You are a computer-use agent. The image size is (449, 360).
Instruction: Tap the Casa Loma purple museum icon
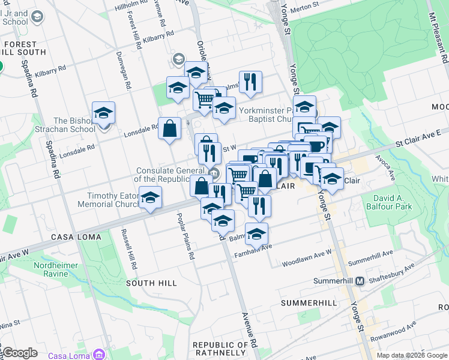tap(100, 355)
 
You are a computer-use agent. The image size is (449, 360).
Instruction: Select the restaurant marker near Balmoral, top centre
tap(250, 82)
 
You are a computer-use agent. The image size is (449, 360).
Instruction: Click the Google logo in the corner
tap(20, 353)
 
